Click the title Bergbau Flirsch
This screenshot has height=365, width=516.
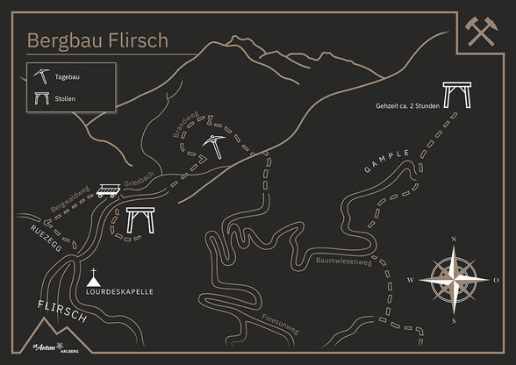(97, 40)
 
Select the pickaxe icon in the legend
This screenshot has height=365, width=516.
(40, 76)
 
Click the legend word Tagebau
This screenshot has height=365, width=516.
(68, 77)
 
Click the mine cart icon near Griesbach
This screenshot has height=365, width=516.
(110, 190)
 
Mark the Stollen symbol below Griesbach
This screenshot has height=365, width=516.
(140, 221)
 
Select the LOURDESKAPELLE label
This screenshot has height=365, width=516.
(120, 290)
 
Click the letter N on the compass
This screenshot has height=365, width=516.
(454, 240)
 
